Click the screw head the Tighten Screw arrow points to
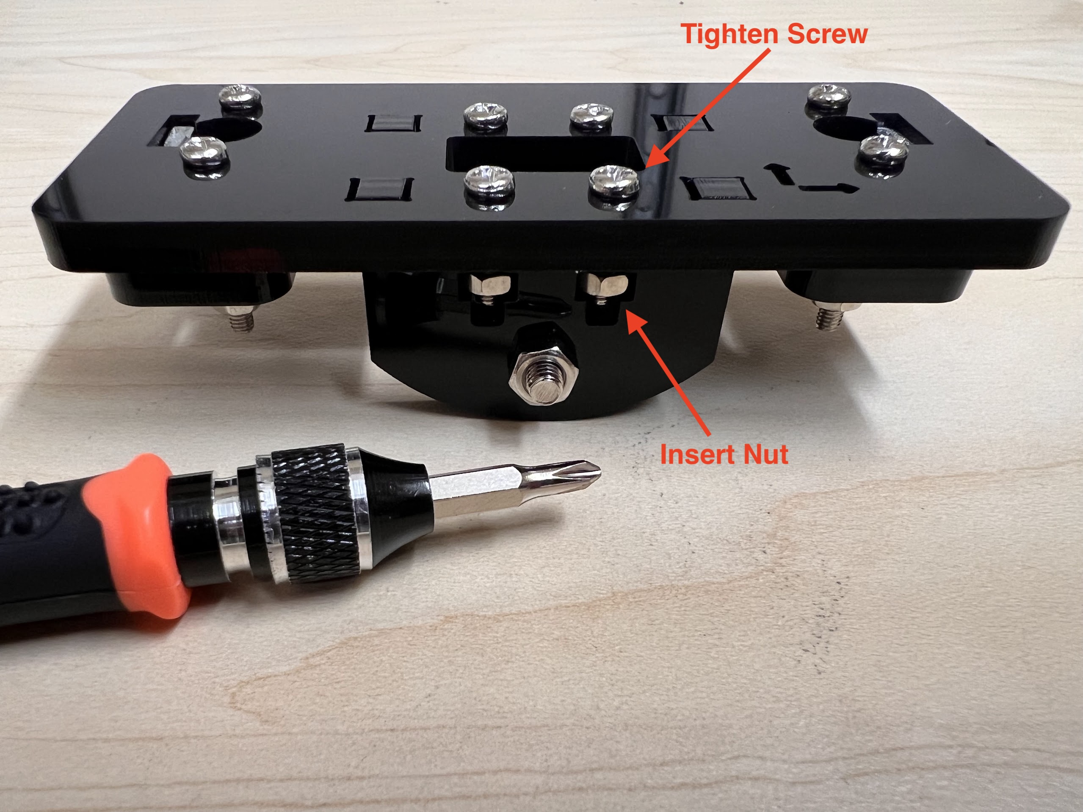click(x=614, y=181)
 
